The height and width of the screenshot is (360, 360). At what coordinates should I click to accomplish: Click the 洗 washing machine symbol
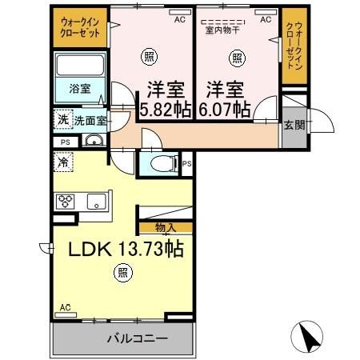tap(62, 119)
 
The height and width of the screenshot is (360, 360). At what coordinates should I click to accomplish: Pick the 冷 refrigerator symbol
tap(62, 162)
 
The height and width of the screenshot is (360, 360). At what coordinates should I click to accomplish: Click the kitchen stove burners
tap(65, 201)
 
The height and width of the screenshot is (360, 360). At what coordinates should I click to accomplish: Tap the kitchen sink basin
tap(95, 201)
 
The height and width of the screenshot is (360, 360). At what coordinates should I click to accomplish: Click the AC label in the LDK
tap(66, 306)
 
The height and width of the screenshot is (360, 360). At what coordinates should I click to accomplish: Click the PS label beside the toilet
tap(186, 164)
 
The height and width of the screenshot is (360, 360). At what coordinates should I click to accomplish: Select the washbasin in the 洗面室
tap(93, 142)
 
